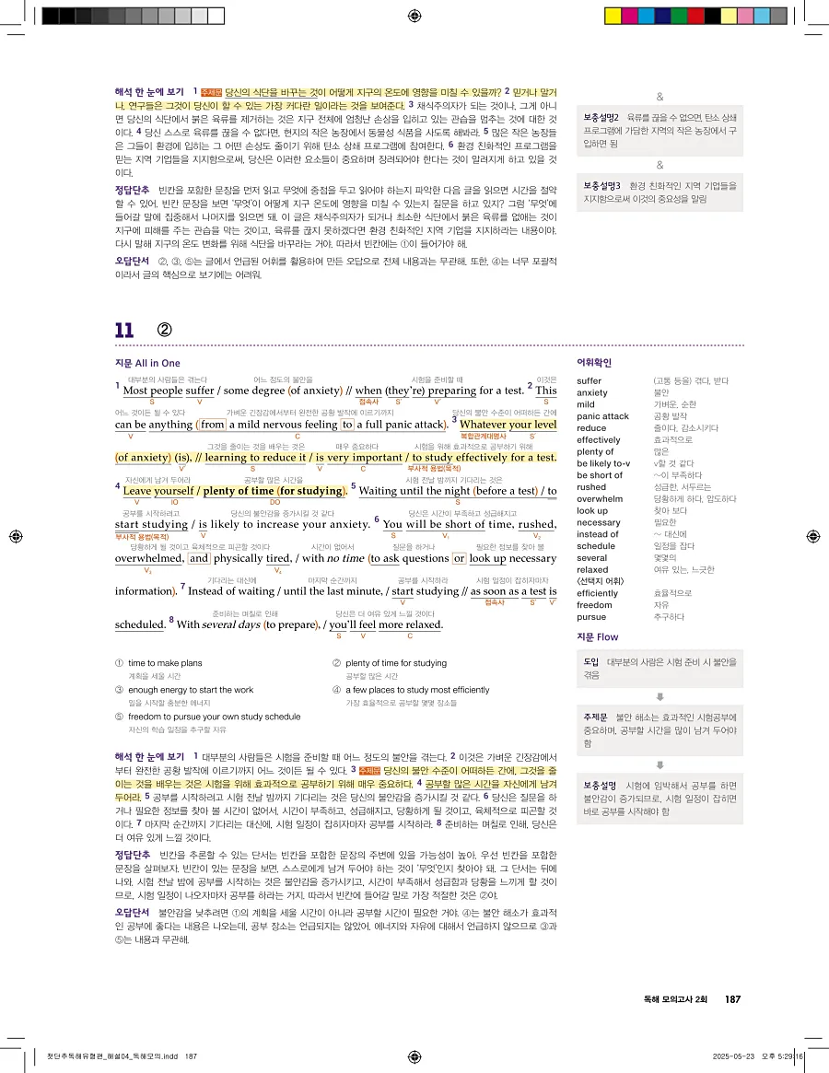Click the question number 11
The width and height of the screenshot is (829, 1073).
[x=124, y=330]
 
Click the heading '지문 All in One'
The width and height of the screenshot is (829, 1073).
[x=147, y=364]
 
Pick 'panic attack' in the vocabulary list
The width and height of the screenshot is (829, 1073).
[x=602, y=416]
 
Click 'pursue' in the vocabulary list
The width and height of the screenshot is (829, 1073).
[x=591, y=617]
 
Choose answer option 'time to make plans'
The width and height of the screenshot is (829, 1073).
[x=165, y=663]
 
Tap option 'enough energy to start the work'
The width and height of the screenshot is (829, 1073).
[x=191, y=690]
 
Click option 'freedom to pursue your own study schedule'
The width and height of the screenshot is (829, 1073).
[x=215, y=717]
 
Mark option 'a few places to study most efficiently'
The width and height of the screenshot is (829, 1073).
[x=417, y=690]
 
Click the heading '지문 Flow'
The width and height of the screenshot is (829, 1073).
[x=597, y=637]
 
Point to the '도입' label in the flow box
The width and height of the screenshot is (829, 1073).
[x=591, y=662]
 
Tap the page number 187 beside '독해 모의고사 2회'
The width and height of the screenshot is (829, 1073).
[x=733, y=999]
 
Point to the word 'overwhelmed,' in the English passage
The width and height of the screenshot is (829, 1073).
[x=148, y=558]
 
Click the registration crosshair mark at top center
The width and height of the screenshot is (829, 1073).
[x=414, y=15]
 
